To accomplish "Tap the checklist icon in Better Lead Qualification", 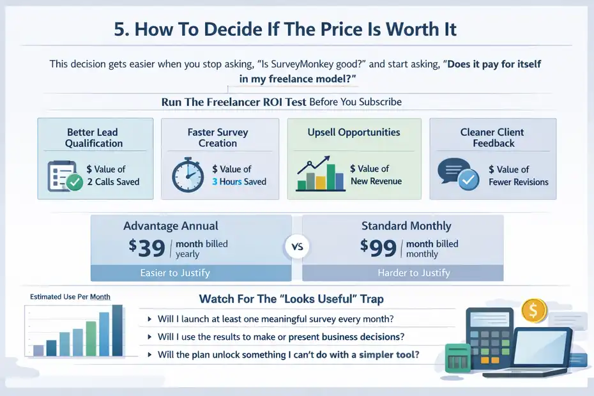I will pos(65,175).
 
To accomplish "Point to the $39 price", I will pos(146,247).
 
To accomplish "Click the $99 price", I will pos(378,247).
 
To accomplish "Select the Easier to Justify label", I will pos(174,273).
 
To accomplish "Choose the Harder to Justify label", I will pos(414,273).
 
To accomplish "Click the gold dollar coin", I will pos(534,311).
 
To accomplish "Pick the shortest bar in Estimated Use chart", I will pos(38,349).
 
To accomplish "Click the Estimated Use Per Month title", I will pos(70,297).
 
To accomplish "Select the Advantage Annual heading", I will pos(171,225).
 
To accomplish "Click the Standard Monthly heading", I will pos(406,225).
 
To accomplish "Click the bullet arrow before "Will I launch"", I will pos(149,318).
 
